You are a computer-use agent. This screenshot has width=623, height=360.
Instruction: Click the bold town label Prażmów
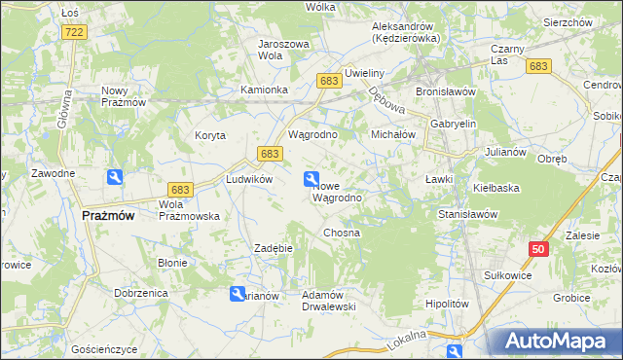tap(108, 216)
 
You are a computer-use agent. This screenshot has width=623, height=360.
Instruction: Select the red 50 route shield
tap(538, 249)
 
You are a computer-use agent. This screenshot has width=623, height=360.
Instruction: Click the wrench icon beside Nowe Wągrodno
tap(311, 178)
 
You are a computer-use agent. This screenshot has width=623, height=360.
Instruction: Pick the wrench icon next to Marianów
tap(238, 294)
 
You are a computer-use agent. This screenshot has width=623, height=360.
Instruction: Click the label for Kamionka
tap(264, 90)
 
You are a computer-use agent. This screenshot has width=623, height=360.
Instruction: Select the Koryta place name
tap(209, 135)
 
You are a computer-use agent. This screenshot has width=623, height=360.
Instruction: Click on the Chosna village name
tap(342, 234)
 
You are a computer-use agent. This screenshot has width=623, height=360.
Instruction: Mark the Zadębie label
tap(274, 248)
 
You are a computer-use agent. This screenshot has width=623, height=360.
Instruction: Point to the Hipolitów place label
tap(448, 304)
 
